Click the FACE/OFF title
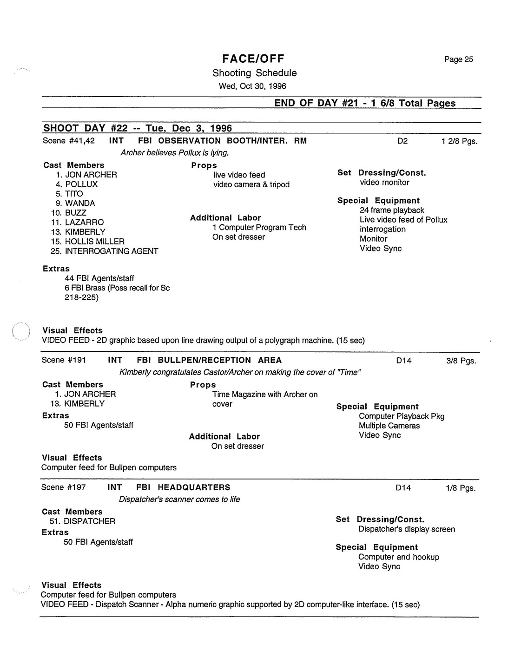click(253, 59)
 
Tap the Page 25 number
click(458, 59)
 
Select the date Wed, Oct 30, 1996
click(252, 86)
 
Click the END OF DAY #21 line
click(365, 103)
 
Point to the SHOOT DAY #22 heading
click(138, 128)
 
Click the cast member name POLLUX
click(81, 184)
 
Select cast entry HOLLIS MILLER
click(94, 241)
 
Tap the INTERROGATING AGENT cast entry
click(111, 251)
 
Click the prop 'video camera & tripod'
click(251, 184)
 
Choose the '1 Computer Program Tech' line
click(259, 227)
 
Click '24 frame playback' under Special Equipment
click(392, 210)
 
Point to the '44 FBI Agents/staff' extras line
click(99, 278)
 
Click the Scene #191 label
click(64, 360)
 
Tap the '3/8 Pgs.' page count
click(461, 361)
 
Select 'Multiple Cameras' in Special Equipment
click(389, 426)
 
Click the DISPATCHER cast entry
click(89, 521)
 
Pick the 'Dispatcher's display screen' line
click(407, 529)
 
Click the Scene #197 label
click(63, 487)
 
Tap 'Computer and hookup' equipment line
click(398, 557)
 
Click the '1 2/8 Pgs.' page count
click(459, 141)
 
